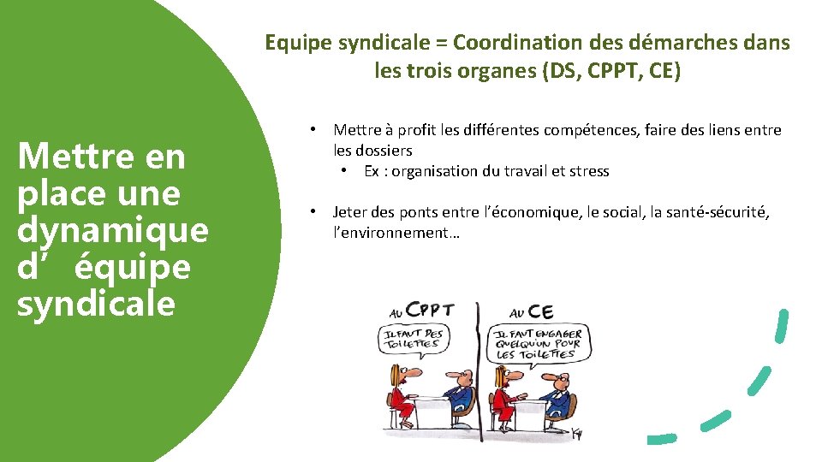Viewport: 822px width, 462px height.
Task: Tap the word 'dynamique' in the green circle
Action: [112, 230]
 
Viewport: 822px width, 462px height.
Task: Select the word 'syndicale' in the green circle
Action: [96, 304]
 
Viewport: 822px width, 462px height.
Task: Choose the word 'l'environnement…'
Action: [396, 232]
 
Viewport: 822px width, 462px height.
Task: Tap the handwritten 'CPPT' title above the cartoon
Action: [430, 311]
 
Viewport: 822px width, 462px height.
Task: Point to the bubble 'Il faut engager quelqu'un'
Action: [537, 344]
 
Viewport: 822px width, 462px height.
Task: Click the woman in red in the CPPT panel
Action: [399, 395]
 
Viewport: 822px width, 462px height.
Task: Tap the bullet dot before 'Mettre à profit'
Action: [315, 130]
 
